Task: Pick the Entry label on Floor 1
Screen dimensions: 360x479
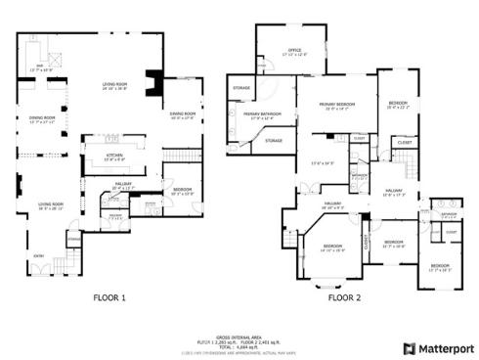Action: [x=39, y=256]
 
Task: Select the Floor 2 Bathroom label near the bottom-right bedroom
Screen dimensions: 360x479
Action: [x=449, y=214]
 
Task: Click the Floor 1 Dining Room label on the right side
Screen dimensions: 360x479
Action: [x=184, y=115]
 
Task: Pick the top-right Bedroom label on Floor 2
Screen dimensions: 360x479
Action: [x=397, y=104]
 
